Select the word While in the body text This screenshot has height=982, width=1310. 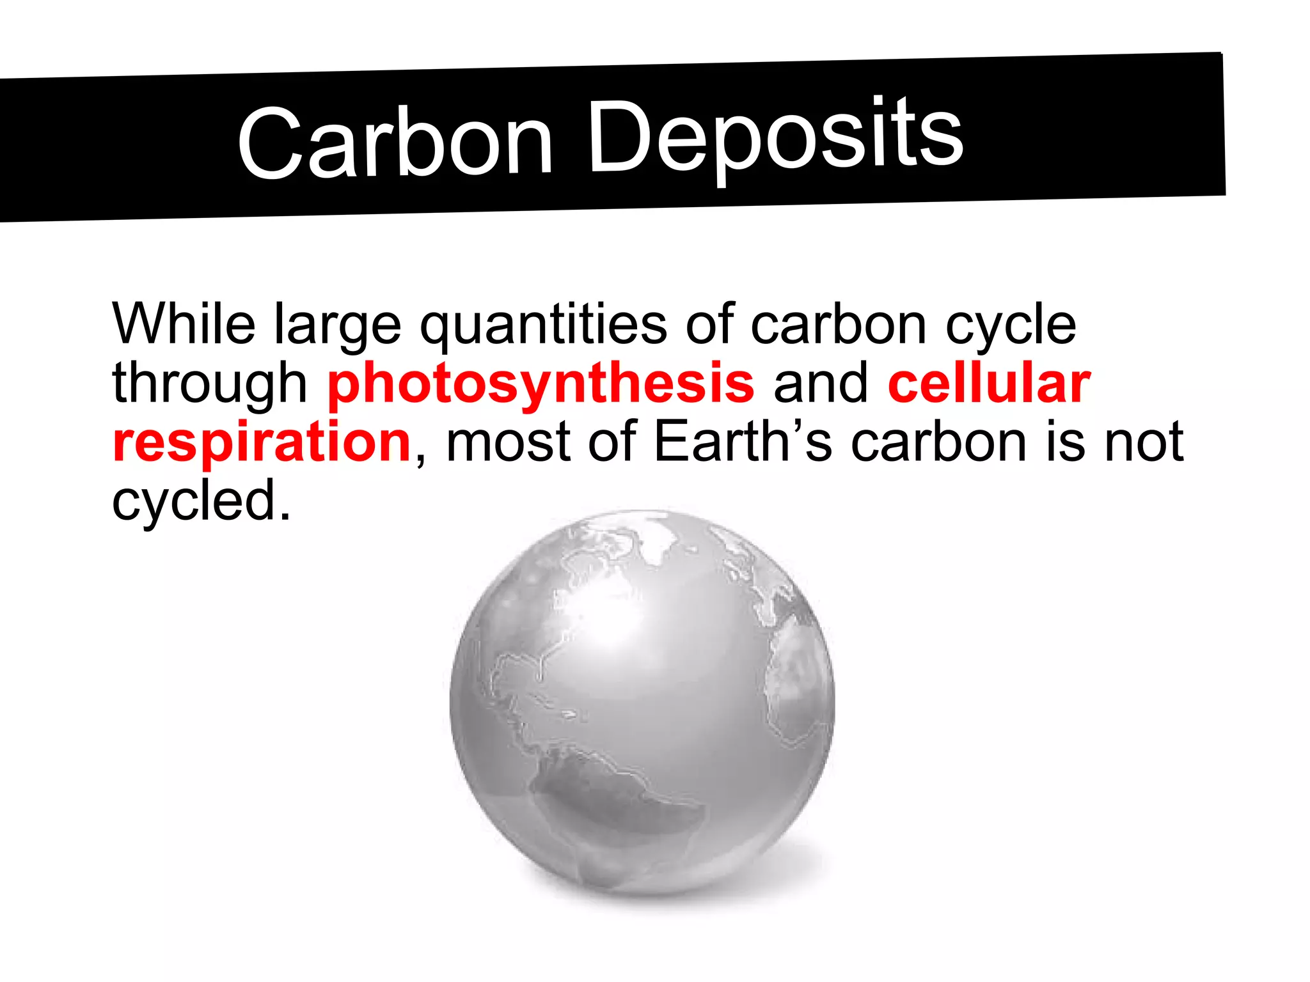pyautogui.click(x=184, y=323)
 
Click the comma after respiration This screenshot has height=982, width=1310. pyautogui.click(x=420, y=458)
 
